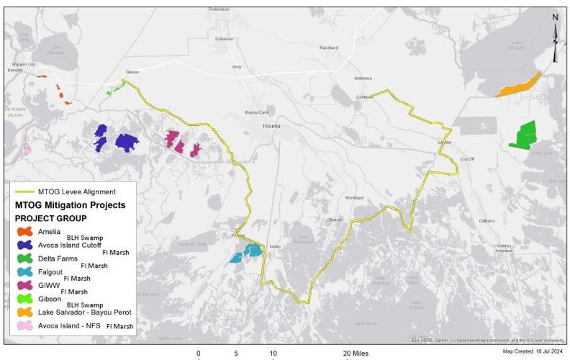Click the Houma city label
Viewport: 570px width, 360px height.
pyautogui.click(x=271, y=125)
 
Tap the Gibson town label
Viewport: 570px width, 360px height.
pyautogui.click(x=131, y=73)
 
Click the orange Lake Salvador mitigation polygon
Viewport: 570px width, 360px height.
pyautogui.click(x=517, y=85)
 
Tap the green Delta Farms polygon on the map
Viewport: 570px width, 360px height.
pyautogui.click(x=526, y=134)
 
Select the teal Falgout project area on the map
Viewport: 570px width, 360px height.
pyautogui.click(x=247, y=253)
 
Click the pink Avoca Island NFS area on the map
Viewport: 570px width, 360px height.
pyautogui.click(x=26, y=149)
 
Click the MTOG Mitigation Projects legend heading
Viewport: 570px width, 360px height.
pyautogui.click(x=70, y=205)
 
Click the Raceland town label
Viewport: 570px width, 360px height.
pyautogui.click(x=328, y=48)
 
